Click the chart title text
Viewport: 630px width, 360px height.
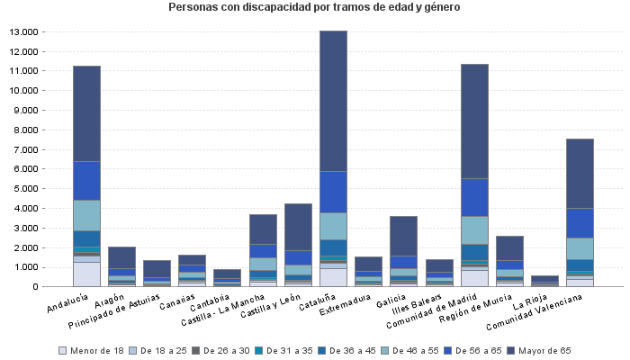click(x=314, y=7)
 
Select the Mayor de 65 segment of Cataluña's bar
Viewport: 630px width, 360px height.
click(x=333, y=101)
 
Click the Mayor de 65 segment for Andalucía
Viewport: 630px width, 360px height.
click(x=86, y=113)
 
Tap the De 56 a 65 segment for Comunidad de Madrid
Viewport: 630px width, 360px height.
click(x=474, y=197)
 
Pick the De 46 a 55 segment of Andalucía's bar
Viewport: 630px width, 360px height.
click(x=86, y=215)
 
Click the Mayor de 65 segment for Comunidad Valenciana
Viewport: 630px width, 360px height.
click(x=580, y=174)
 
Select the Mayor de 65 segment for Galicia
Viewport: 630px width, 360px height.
click(x=403, y=236)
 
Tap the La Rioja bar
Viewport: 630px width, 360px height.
click(x=544, y=281)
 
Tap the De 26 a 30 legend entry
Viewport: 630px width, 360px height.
click(x=224, y=350)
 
